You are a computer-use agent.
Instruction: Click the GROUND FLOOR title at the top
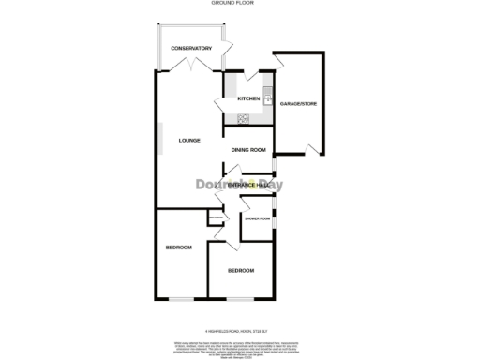(x=240, y=4)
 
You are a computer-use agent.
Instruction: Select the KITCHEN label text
(x=247, y=98)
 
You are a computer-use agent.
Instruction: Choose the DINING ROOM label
(x=249, y=150)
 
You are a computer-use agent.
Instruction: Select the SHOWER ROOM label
(x=258, y=218)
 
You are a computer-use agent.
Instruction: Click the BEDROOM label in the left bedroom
(x=178, y=247)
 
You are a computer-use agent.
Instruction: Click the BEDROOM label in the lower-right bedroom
(x=241, y=271)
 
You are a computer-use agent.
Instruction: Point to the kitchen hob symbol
(x=244, y=118)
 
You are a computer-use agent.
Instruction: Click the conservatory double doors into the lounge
(x=192, y=66)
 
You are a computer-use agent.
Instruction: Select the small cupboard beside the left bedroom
(x=215, y=220)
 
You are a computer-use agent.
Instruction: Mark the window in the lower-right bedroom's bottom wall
(x=240, y=299)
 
